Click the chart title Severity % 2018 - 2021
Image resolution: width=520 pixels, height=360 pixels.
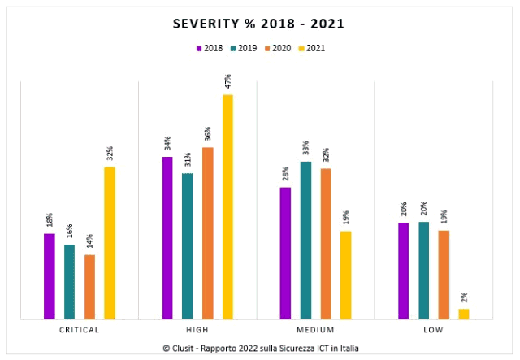[x=258, y=24]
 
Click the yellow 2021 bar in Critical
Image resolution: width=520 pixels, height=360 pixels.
[x=110, y=243]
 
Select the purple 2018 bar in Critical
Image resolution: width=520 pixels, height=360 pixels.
[x=50, y=276]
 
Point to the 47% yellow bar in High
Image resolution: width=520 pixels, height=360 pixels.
[x=227, y=207]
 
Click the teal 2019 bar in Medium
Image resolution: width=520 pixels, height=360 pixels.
[x=305, y=241]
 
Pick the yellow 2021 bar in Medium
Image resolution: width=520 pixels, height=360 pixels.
[x=345, y=275]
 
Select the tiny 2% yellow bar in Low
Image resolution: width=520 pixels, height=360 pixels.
[x=463, y=314]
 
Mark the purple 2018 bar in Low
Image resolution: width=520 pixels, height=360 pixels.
[x=403, y=271]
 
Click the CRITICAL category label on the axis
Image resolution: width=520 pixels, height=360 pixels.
[x=80, y=330]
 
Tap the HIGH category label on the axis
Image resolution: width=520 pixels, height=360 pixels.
[x=197, y=330]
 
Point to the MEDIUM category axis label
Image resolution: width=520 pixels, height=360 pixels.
[x=315, y=330]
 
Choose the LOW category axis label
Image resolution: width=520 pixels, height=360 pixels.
[x=433, y=330]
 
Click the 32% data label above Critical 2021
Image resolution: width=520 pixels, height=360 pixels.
[x=110, y=154]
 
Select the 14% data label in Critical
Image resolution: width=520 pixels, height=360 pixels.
[x=89, y=241]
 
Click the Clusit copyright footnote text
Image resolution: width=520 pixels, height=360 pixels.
[x=260, y=349]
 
